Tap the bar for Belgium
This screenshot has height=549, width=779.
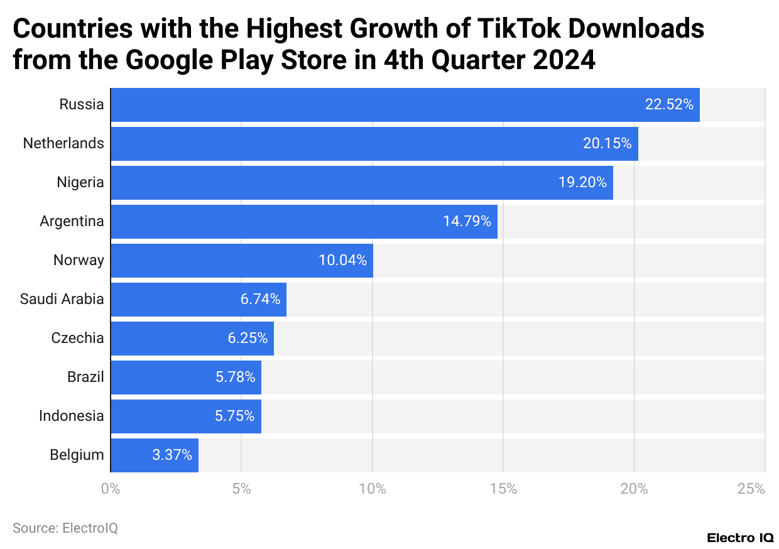click(x=155, y=455)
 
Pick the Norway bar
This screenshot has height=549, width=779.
click(x=242, y=261)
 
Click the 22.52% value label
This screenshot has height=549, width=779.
click(x=669, y=105)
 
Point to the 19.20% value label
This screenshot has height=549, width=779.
click(x=582, y=183)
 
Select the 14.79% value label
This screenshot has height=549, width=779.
click(x=467, y=222)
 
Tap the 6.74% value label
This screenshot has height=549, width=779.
click(x=260, y=300)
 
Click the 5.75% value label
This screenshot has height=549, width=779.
click(x=234, y=416)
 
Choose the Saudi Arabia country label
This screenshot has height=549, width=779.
click(x=62, y=299)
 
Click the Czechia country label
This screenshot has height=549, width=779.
click(x=77, y=338)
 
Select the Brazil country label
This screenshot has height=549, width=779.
click(x=85, y=377)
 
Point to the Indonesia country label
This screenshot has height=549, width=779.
click(x=71, y=416)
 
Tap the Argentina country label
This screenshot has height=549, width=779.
click(x=72, y=221)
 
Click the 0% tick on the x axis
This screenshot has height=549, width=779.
click(x=111, y=489)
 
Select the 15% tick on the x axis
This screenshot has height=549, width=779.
click(x=503, y=489)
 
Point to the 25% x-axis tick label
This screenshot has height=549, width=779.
click(x=751, y=489)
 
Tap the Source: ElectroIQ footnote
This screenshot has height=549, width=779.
click(x=65, y=528)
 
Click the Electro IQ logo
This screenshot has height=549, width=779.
click(x=740, y=538)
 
